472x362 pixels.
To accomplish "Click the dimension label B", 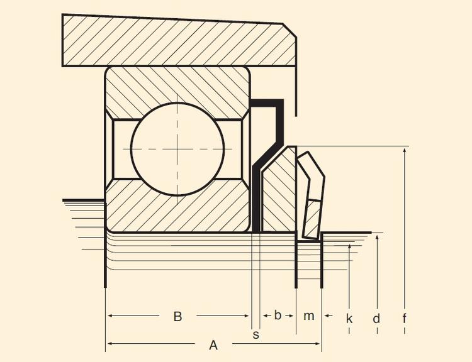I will pos(177,316).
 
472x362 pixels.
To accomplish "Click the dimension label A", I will pos(213,344).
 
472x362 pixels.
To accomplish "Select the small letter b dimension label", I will pos(278,315).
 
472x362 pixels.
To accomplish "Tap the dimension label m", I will pos(308,316).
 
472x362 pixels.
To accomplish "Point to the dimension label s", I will pos(256,334).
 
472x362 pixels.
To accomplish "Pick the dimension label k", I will pos(349,319).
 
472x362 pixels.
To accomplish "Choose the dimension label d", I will pos(376,319).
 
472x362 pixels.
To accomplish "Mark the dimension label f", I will pos(404,319).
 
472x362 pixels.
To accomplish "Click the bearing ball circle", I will pos(177,148).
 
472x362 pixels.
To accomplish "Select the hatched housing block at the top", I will pos(176,39).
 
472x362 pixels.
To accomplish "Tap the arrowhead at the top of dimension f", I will pos(404,151).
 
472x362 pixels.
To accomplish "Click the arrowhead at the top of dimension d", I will pos(376,238).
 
